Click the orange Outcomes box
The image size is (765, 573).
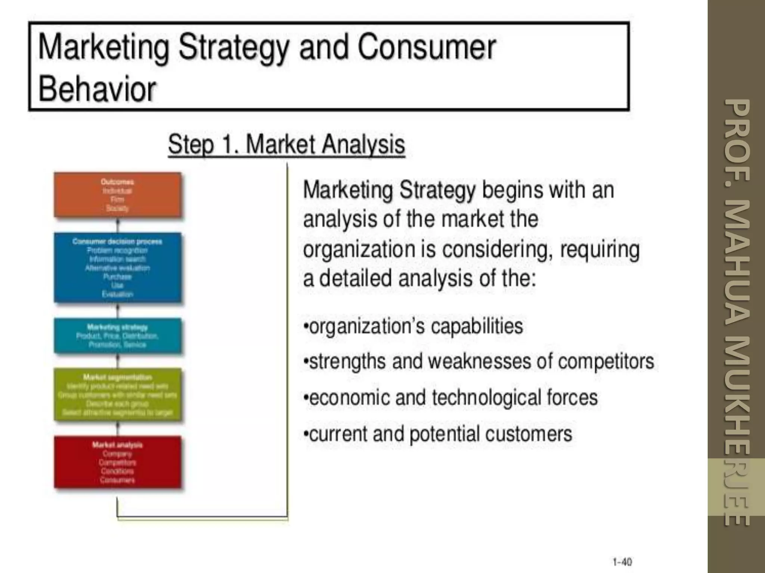point(117,195)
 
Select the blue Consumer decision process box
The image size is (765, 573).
point(117,267)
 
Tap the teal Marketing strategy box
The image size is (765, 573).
point(117,336)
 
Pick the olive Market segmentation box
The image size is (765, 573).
point(117,395)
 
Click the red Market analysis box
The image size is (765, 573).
point(117,462)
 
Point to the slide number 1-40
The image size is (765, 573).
point(622,562)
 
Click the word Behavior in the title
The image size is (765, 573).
point(97,89)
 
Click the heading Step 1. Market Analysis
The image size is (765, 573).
point(287,144)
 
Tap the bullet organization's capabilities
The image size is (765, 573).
point(414,326)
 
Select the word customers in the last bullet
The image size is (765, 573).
point(528,434)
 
